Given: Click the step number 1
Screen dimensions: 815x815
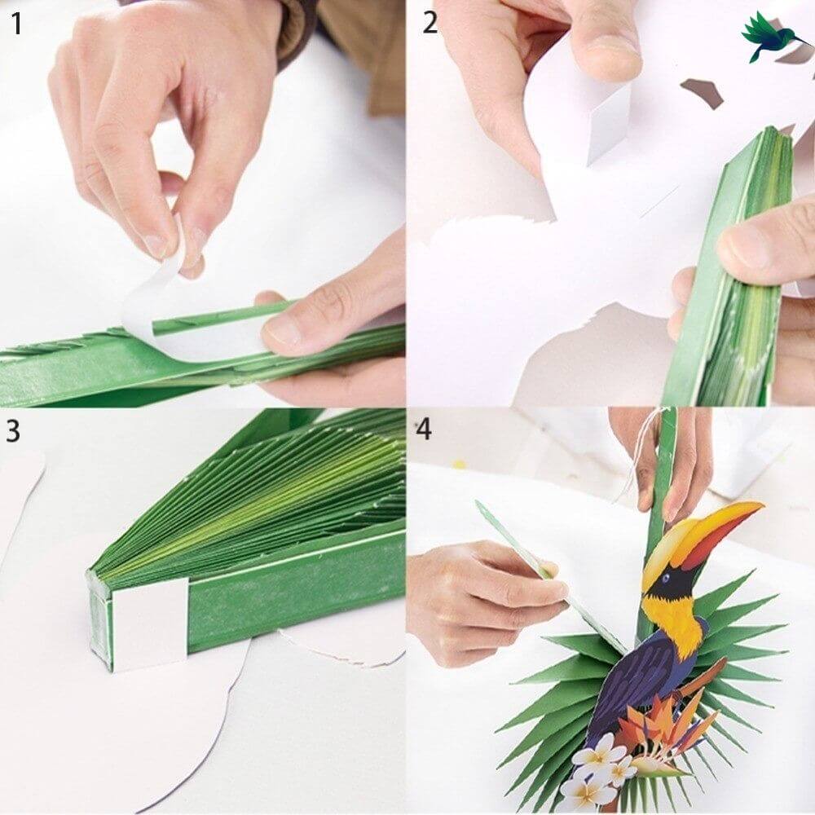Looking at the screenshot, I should coord(17,24).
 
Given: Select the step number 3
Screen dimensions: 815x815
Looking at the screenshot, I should coord(14,430).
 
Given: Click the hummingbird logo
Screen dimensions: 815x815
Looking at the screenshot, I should coord(774,36).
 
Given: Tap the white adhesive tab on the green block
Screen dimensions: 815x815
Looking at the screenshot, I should coord(149,624).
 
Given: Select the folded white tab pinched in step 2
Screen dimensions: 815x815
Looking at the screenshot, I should coord(599,122).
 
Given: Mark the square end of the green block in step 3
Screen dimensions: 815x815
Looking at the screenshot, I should coord(99,619).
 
